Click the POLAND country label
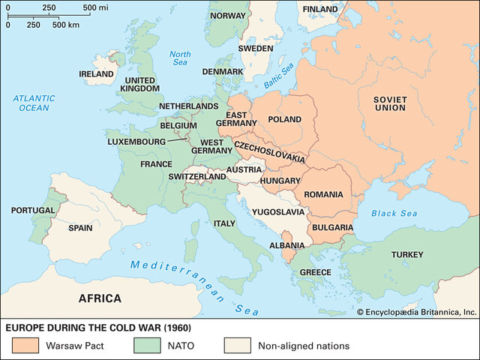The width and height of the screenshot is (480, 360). [x=284, y=119]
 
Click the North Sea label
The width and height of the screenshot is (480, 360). [x=180, y=58]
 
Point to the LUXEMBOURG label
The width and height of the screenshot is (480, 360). [x=136, y=140]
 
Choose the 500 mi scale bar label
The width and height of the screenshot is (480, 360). [x=95, y=7]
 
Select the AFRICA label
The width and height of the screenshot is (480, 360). [x=100, y=298]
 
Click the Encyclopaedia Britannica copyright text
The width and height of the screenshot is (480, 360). [x=416, y=311]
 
